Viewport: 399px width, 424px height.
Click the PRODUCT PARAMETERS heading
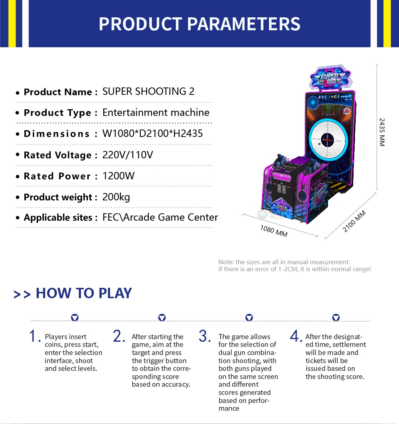click(199, 24)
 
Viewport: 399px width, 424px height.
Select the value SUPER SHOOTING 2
click(149, 92)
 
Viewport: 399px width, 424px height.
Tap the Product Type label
click(57, 113)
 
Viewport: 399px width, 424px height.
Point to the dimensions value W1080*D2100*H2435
click(153, 133)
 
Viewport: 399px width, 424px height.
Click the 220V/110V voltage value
click(127, 155)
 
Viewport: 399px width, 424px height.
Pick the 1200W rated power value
click(118, 176)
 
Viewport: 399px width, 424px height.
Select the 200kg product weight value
click(116, 197)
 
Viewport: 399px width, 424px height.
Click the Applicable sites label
click(58, 217)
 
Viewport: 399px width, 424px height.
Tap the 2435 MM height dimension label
click(382, 132)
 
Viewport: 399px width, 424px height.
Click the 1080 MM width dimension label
click(274, 231)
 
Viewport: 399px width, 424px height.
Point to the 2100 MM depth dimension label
click(354, 221)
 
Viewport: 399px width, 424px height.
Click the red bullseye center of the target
click(327, 140)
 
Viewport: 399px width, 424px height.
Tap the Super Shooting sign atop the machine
click(331, 77)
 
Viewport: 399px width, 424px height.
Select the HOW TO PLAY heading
click(83, 293)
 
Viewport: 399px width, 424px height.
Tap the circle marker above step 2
click(162, 317)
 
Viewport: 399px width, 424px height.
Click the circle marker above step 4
click(336, 317)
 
